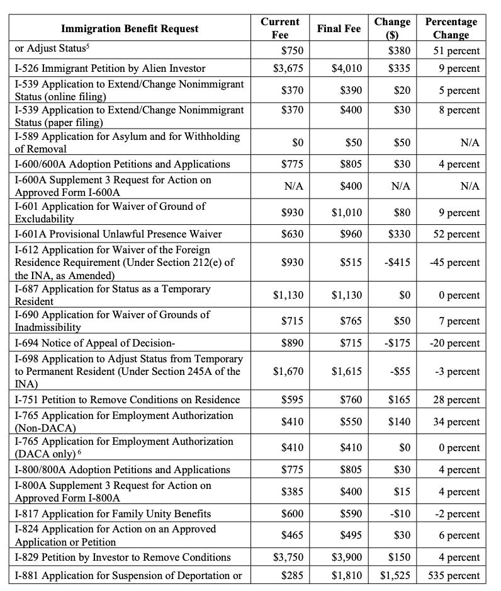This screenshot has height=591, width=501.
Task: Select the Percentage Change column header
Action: pyautogui.click(x=451, y=28)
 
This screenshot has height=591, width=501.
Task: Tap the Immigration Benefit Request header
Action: pyautogui.click(x=130, y=28)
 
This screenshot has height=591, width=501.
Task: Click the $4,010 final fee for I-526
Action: pyautogui.click(x=346, y=68)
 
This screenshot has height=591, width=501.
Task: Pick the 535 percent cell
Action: pyautogui.click(x=454, y=575)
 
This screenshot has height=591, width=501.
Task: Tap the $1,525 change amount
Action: pyautogui.click(x=395, y=575)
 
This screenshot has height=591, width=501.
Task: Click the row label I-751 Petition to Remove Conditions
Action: pyautogui.click(x=128, y=399)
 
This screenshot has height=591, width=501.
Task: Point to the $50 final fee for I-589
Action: pyautogui.click(x=353, y=143)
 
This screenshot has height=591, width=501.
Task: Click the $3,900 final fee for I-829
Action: pyautogui.click(x=346, y=557)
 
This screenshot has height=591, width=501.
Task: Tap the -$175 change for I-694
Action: pyautogui.click(x=397, y=343)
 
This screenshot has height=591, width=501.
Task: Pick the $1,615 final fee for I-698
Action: pyautogui.click(x=346, y=372)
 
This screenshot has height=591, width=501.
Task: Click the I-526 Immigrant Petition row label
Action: pyautogui.click(x=110, y=68)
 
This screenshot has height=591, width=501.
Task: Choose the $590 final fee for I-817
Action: pyautogui.click(x=351, y=514)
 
